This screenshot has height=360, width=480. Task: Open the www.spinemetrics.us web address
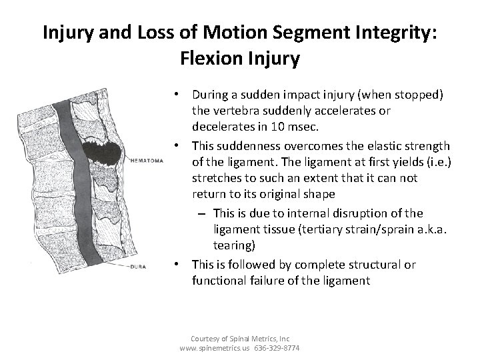(214, 347)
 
